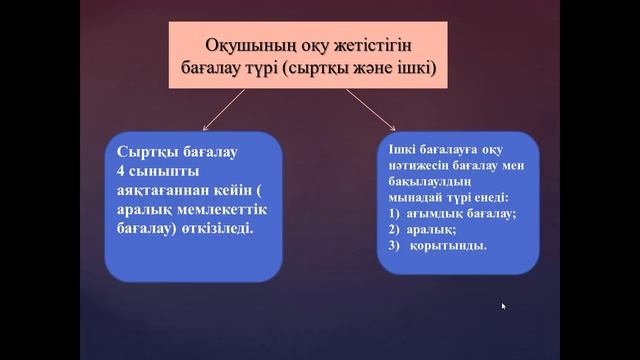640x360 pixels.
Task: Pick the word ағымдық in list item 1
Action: (436, 214)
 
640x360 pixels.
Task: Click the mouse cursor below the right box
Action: (503, 306)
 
